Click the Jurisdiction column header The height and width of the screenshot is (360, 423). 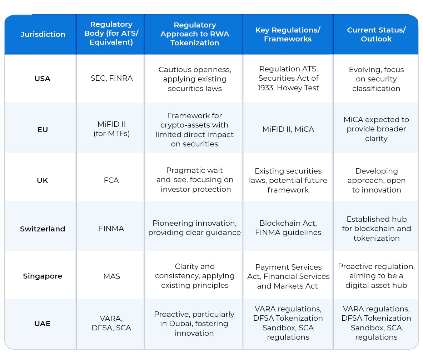(43, 34)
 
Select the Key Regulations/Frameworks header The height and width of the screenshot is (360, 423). (288, 34)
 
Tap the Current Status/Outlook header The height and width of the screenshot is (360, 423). (376, 34)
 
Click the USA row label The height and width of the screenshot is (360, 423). (43, 79)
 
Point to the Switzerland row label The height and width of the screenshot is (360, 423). (43, 229)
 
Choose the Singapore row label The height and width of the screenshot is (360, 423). (43, 276)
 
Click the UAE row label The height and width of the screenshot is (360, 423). (43, 324)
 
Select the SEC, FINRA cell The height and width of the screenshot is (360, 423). (111, 78)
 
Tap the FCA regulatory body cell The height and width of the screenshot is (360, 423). (111, 180)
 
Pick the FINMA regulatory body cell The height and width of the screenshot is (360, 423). (111, 229)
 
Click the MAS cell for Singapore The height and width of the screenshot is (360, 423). (111, 276)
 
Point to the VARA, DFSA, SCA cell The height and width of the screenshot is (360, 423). (111, 323)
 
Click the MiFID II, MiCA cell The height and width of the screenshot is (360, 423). (288, 129)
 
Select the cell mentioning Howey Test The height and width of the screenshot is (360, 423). (288, 78)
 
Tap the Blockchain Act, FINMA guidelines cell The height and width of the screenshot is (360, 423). (288, 228)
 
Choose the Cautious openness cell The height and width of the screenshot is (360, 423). (195, 79)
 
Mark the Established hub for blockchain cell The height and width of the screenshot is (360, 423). (376, 229)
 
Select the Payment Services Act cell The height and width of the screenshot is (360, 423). (288, 276)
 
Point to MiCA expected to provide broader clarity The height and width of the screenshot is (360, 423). (376, 129)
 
